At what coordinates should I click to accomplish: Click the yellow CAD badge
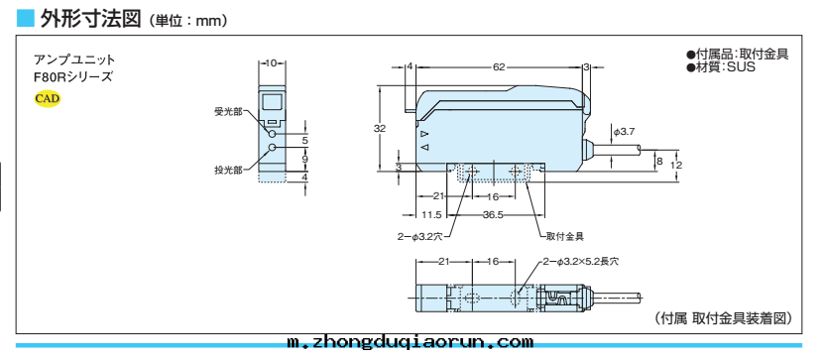(x=48, y=98)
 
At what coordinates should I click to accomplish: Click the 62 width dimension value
(x=499, y=66)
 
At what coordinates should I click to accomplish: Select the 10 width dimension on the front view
(x=272, y=62)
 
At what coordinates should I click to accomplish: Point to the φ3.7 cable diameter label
(x=624, y=132)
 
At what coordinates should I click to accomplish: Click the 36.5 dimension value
(x=494, y=214)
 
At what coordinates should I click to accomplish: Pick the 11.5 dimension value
(x=431, y=214)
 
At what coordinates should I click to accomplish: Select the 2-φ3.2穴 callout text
(x=419, y=237)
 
